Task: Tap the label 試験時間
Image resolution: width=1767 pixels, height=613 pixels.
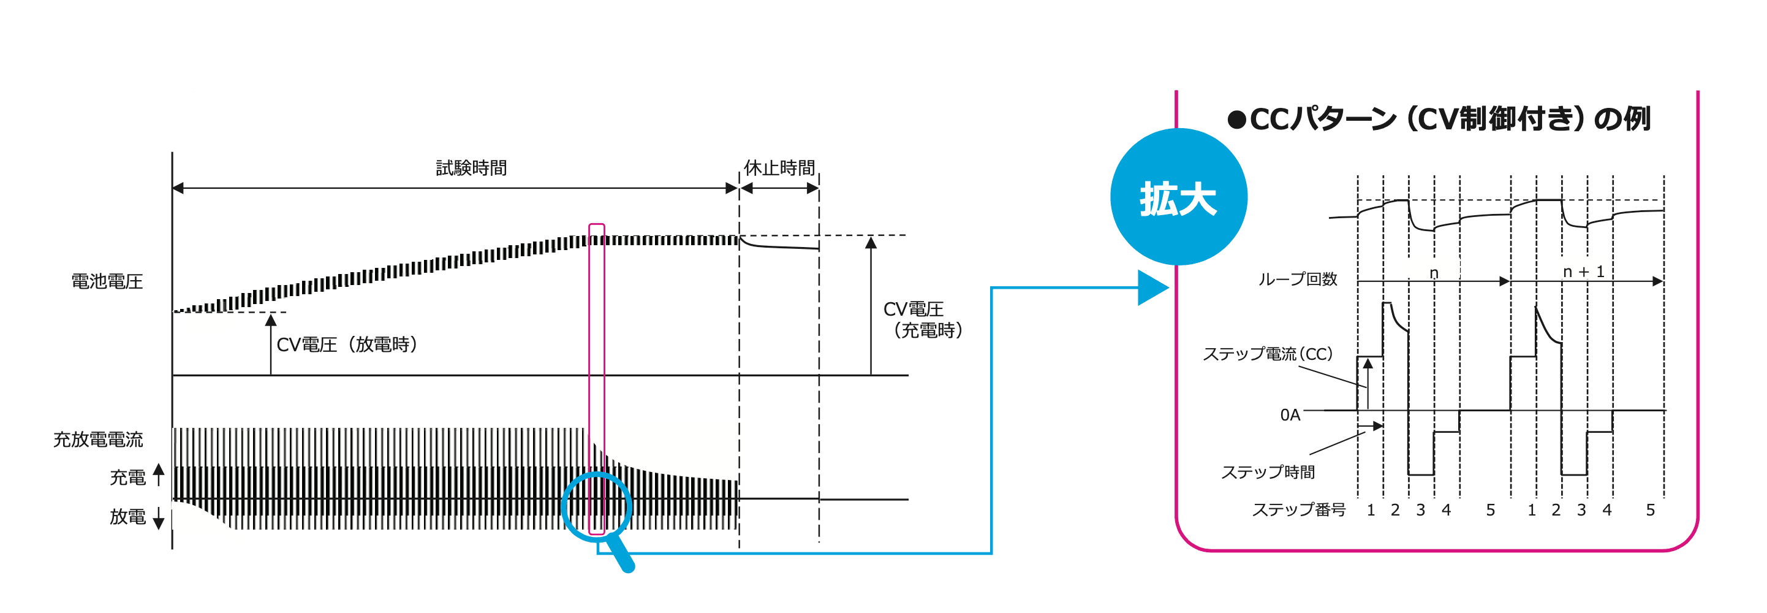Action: coord(471,167)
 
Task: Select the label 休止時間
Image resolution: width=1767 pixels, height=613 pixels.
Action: coord(779,167)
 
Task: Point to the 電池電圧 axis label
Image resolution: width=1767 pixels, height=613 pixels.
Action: coord(107,281)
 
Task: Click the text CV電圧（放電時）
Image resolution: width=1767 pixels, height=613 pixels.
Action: coord(347,344)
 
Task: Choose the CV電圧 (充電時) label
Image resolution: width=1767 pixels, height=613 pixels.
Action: coord(922,320)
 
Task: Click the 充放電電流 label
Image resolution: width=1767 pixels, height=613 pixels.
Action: coord(98,440)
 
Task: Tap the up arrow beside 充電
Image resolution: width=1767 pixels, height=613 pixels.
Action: coord(159,473)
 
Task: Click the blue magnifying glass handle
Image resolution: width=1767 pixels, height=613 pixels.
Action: coord(622,555)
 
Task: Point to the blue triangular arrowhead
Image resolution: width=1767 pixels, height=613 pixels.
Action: coord(1152,287)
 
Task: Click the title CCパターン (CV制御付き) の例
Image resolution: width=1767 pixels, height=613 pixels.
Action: coord(1449,120)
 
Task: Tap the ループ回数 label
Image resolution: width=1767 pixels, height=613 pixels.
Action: coord(1297,280)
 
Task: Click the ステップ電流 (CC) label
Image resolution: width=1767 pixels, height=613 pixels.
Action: coord(1267,354)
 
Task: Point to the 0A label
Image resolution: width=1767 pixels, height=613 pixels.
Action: coord(1290,414)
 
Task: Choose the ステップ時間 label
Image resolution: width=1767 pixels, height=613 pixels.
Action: coord(1268,471)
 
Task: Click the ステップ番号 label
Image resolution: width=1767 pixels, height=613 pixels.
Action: coord(1298,509)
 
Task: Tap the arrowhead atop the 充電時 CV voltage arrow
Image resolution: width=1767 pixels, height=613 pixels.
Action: coord(871,242)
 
